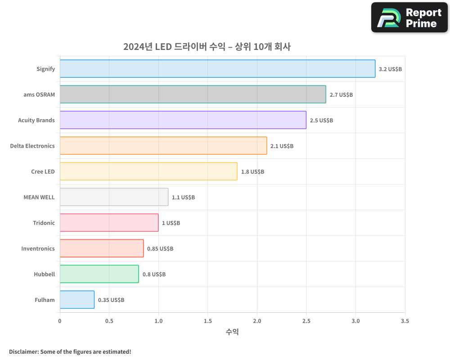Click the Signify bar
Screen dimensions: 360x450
[217, 69]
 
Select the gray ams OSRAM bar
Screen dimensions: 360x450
[193, 94]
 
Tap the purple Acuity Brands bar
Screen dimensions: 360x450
[183, 120]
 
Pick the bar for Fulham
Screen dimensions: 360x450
[77, 300]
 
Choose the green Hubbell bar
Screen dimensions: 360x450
[99, 274]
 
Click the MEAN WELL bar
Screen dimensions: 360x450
[114, 197]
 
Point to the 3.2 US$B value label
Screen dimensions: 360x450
[390, 69]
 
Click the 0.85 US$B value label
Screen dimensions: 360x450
[160, 249]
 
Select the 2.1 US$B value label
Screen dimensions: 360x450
[282, 146]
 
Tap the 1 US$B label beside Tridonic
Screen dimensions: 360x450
[171, 223]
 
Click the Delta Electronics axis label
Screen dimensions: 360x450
[32, 146]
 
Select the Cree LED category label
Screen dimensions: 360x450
[43, 171]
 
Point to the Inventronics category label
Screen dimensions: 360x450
[38, 248]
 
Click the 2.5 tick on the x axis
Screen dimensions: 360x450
[306, 321]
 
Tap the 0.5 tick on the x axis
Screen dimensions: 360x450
[109, 321]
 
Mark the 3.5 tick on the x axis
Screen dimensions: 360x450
[405, 321]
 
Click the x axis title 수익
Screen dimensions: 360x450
[232, 332]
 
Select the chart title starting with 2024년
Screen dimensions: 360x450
[207, 47]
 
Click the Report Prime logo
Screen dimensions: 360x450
[409, 18]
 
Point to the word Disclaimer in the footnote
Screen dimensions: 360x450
[23, 351]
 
